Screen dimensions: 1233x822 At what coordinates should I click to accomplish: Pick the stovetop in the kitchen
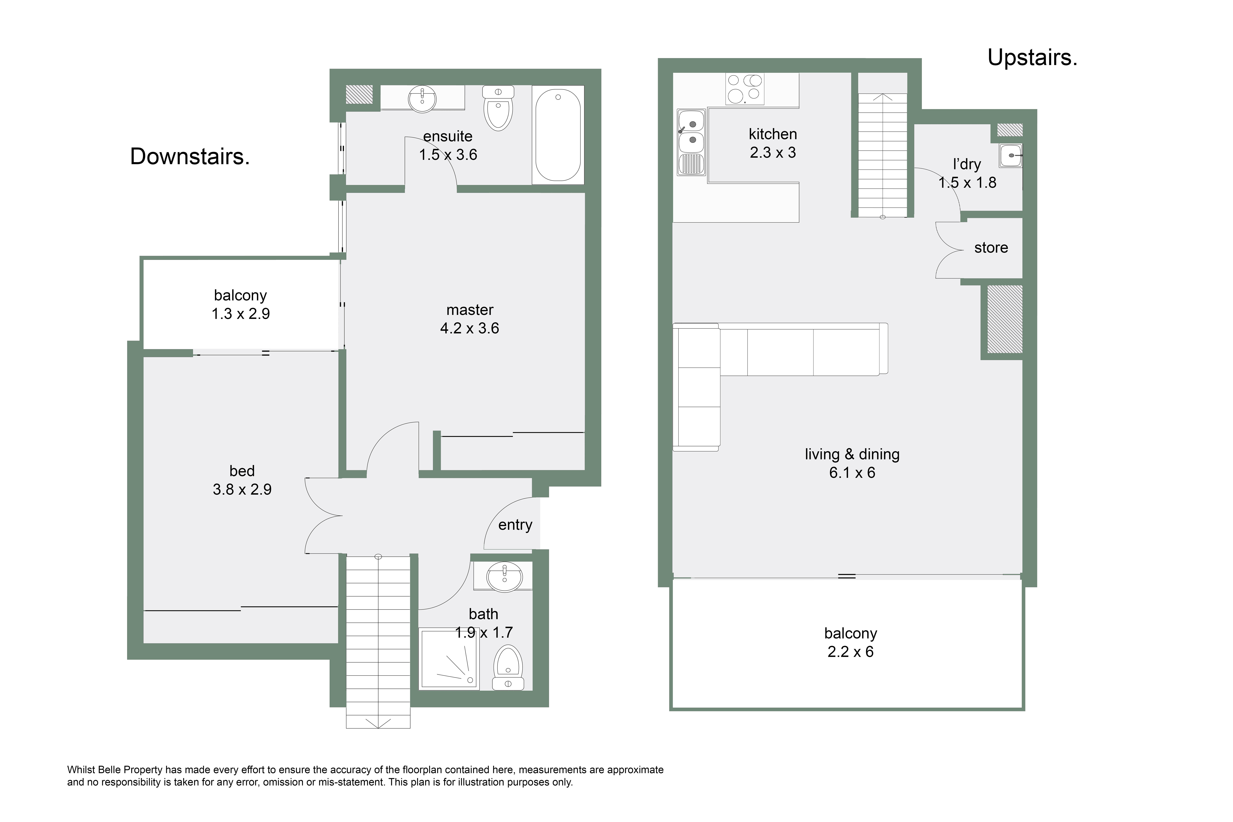coord(745,89)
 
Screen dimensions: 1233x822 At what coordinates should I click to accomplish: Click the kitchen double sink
coord(691,142)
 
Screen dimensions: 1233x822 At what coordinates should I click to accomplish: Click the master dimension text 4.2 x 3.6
coord(470,328)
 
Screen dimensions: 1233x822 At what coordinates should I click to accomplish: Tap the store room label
coord(991,247)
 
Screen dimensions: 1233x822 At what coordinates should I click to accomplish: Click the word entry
coord(515,525)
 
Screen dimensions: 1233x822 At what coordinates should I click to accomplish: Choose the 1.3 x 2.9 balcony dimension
coord(241,314)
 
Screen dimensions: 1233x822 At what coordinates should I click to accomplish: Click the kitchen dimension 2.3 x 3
coord(773,153)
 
